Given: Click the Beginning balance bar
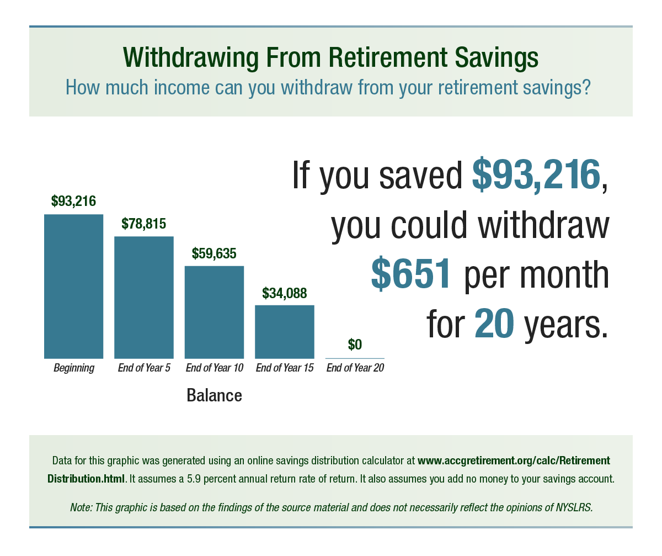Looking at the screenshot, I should click(x=73, y=286).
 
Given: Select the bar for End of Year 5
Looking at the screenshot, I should click(x=143, y=297).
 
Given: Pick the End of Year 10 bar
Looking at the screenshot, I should click(x=214, y=312).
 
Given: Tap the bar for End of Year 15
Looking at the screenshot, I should click(x=284, y=331).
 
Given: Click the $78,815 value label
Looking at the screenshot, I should click(x=143, y=224).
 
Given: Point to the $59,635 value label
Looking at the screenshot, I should click(x=214, y=253).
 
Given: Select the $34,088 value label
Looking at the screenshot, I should click(x=284, y=293).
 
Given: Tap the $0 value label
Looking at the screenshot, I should click(x=355, y=345).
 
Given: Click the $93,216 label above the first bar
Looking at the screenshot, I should click(x=73, y=201).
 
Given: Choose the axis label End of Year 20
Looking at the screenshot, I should click(x=355, y=368).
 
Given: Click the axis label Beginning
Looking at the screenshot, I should click(x=73, y=368).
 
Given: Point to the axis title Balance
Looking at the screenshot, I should click(x=214, y=395).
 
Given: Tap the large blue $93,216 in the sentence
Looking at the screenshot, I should click(x=535, y=174).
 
